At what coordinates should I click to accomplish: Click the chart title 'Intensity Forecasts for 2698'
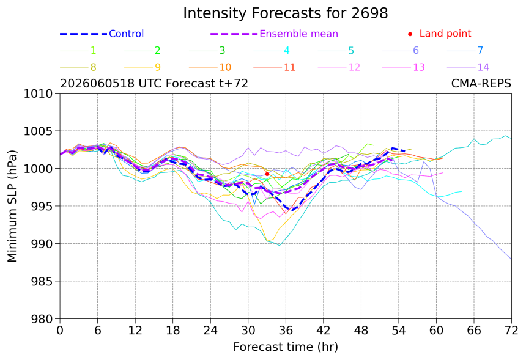pos(286,13)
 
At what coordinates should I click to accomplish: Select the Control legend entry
pos(102,34)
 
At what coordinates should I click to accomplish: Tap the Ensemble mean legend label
pos(298,34)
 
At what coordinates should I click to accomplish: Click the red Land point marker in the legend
pos(410,34)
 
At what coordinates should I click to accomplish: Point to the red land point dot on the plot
pos(267,174)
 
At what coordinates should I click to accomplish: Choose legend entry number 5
pos(336,51)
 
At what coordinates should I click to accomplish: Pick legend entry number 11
pos(275,67)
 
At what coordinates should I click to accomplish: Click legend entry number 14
pos(469,67)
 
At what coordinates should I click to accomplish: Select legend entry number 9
pos(143,67)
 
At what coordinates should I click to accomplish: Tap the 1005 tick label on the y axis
pos(39,131)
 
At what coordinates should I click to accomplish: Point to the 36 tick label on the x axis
pos(286,331)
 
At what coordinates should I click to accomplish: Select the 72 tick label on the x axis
pos(511,331)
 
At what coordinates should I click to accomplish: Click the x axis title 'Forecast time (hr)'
pos(286,347)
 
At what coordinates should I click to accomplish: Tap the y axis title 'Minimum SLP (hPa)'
pos(12,206)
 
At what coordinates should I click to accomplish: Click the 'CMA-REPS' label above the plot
pos(481,84)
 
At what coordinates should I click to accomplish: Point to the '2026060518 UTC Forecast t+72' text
pos(154,84)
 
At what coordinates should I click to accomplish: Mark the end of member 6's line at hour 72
pos(511,259)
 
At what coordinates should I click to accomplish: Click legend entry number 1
pos(78,51)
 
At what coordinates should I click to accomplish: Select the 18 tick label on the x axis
pos(172,331)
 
